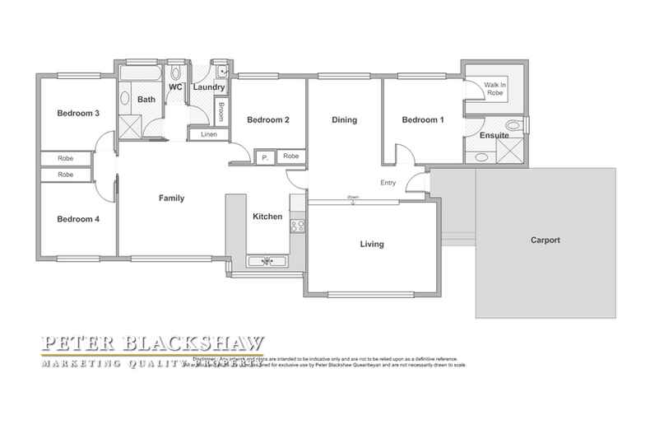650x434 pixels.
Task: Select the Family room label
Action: point(171,198)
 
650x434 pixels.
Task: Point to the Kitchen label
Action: point(267,217)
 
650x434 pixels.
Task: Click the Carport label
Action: point(544,240)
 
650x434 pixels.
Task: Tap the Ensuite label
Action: point(493,135)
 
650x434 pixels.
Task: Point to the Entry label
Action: point(389,183)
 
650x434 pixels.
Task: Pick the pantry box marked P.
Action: point(264,156)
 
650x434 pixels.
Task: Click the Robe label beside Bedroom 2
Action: point(290,156)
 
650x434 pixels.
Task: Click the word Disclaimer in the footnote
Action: point(204,360)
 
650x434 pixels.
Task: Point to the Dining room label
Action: point(344,120)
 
